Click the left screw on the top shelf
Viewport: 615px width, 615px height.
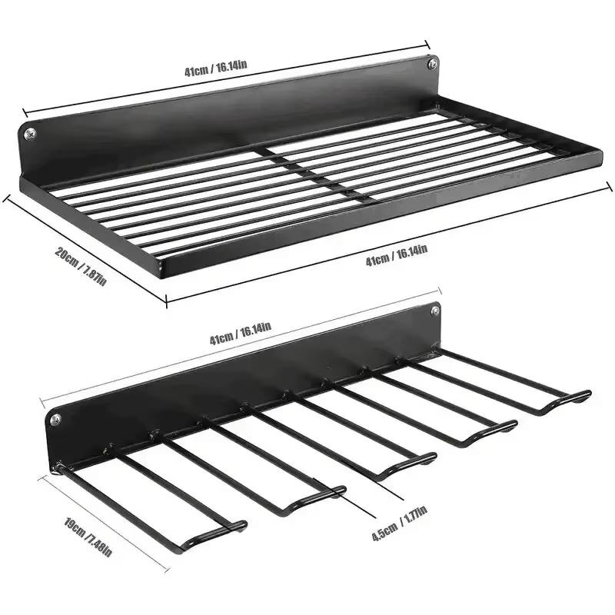(30, 134)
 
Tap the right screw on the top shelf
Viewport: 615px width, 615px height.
(433, 64)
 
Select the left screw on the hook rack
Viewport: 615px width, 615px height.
(56, 420)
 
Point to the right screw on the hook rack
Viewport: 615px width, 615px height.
(435, 312)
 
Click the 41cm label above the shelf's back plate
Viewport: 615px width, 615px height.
(216, 68)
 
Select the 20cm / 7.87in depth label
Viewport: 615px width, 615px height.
(81, 266)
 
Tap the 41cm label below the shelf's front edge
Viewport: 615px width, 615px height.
(397, 255)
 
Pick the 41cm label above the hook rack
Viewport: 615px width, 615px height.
(240, 334)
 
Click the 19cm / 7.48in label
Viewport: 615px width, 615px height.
(88, 537)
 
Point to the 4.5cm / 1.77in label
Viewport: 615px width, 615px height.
(399, 524)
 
